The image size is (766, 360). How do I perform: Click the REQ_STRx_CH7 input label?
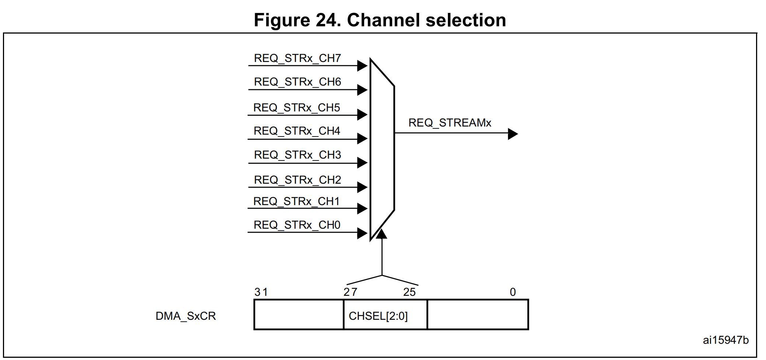click(297, 58)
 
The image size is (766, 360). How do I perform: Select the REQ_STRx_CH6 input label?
click(297, 82)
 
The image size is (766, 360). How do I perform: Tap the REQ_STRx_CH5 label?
click(296, 108)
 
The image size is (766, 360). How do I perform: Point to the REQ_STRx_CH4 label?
click(296, 131)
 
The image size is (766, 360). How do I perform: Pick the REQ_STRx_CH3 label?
click(297, 155)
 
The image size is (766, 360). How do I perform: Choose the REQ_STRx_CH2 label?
click(297, 180)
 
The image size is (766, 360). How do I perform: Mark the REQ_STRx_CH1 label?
click(296, 201)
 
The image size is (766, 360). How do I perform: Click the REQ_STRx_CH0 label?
click(296, 225)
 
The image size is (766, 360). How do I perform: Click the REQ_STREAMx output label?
click(449, 123)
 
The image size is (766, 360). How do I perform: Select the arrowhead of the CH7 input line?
click(362, 66)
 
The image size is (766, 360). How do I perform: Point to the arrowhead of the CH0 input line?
click(362, 233)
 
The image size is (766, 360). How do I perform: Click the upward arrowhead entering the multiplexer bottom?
click(382, 234)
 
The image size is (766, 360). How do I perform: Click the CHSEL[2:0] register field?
click(378, 316)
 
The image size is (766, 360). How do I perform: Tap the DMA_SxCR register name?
click(185, 316)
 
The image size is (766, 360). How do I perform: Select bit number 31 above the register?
click(261, 292)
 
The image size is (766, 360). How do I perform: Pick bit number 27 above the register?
click(350, 292)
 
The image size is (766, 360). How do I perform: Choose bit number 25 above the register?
click(409, 292)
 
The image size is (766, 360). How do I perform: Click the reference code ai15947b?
click(725, 340)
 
